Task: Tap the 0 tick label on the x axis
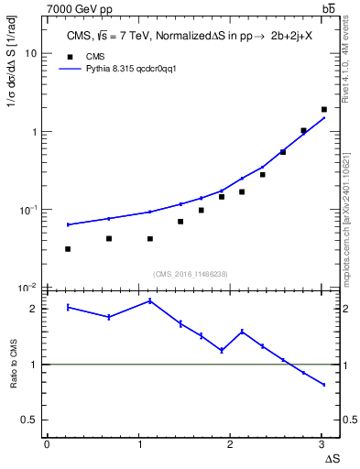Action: pyautogui.click(x=47, y=443)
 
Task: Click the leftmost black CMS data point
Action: pyautogui.click(x=69, y=249)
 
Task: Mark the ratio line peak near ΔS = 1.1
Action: pyautogui.click(x=150, y=300)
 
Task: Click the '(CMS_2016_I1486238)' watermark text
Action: pyautogui.click(x=190, y=273)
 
